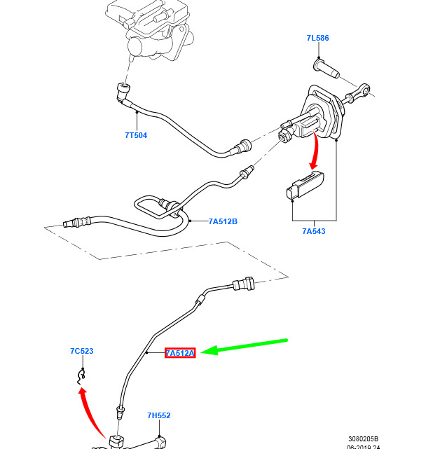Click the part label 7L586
[317, 38]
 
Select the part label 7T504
[136, 135]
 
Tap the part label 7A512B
[223, 221]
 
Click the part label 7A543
[314, 231]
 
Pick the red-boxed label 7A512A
[180, 353]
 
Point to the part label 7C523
[82, 351]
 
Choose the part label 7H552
[159, 415]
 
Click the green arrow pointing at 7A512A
[244, 347]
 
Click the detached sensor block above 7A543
[305, 185]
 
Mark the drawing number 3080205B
[363, 438]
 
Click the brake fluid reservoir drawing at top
[149, 29]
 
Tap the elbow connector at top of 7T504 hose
[123, 92]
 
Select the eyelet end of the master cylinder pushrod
[363, 90]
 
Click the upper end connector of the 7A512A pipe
[243, 284]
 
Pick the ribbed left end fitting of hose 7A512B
[76, 222]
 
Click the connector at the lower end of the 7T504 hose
[243, 146]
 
